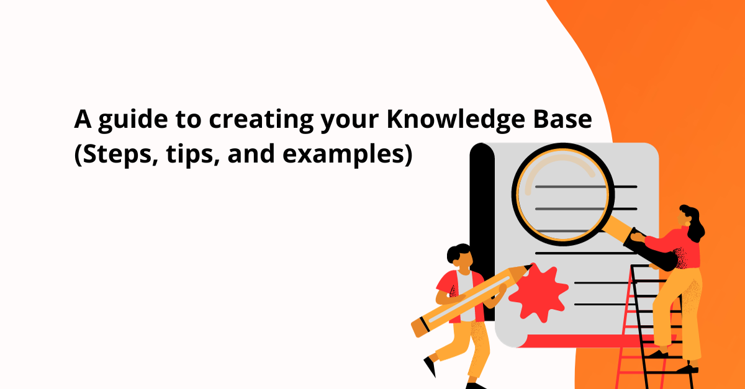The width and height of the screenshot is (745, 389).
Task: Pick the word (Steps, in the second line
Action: tap(111, 153)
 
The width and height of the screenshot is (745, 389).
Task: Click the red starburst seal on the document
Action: tap(538, 291)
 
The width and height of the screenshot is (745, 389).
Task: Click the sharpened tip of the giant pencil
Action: tap(528, 267)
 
